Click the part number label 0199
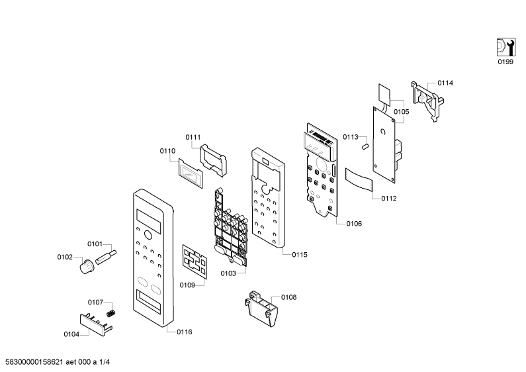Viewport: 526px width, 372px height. pyautogui.click(x=505, y=62)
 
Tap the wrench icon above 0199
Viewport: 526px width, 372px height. pyautogui.click(x=506, y=47)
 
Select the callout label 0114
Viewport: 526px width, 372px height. pyautogui.click(x=445, y=83)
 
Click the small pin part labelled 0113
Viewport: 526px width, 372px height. pyautogui.click(x=365, y=146)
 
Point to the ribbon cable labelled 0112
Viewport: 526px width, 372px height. pyautogui.click(x=359, y=179)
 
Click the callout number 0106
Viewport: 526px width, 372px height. pyautogui.click(x=354, y=224)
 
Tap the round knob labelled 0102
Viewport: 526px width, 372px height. pyautogui.click(x=87, y=267)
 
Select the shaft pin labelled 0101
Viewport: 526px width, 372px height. pyautogui.click(x=106, y=257)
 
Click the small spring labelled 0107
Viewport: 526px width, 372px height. pyautogui.click(x=111, y=313)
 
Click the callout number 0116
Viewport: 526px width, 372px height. pyautogui.click(x=185, y=332)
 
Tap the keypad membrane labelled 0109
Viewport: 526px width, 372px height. pyautogui.click(x=195, y=261)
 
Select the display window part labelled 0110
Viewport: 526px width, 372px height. pyautogui.click(x=191, y=173)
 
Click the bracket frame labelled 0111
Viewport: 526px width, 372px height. pyautogui.click(x=213, y=160)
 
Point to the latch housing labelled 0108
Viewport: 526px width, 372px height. pyautogui.click(x=261, y=309)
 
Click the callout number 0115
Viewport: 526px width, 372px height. pyautogui.click(x=300, y=255)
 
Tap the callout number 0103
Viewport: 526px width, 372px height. pyautogui.click(x=228, y=273)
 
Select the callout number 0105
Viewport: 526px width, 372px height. pyautogui.click(x=402, y=112)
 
